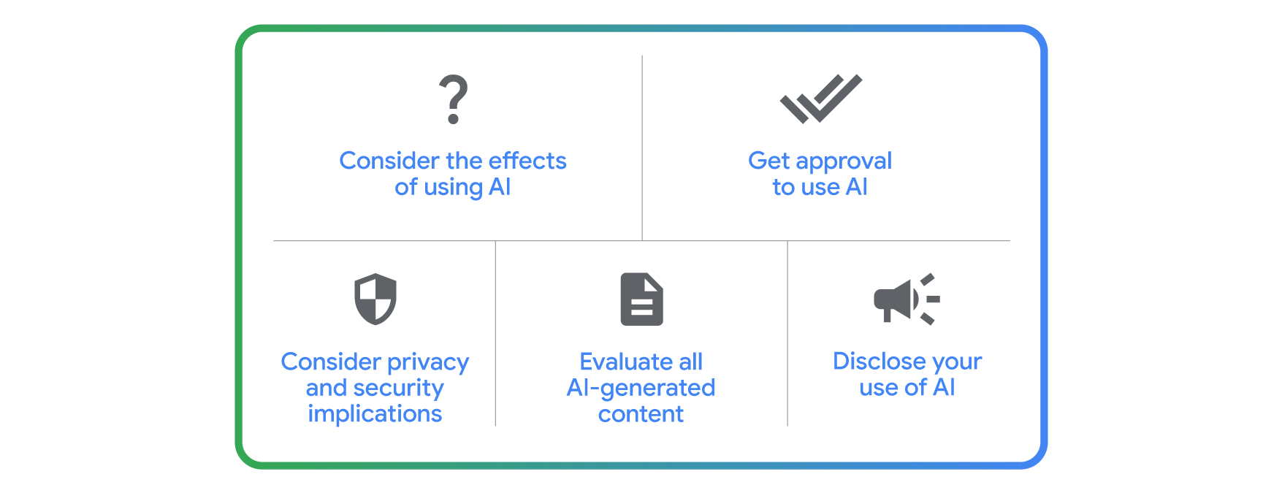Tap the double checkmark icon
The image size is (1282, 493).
[x=820, y=98]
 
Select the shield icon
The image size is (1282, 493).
[x=375, y=299]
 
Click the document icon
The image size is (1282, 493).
[x=641, y=299]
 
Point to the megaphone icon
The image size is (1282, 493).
[x=907, y=299]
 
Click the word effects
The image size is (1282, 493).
[x=527, y=161]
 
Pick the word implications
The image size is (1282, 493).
[x=375, y=414]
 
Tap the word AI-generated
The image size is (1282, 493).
[x=641, y=389]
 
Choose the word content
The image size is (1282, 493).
[x=641, y=414]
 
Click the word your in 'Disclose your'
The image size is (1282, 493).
[x=957, y=363]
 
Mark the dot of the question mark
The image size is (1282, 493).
[x=453, y=118]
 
